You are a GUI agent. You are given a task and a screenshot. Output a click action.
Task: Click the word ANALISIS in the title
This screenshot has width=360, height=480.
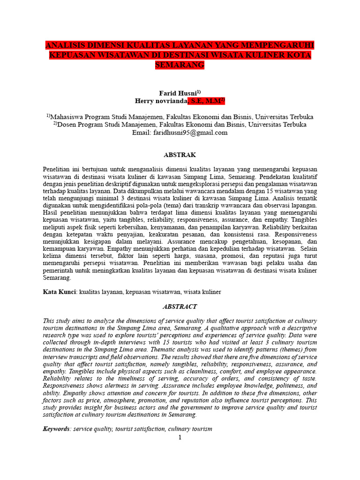pyautogui.click(x=65, y=45)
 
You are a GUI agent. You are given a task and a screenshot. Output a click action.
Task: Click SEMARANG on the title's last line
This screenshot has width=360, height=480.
pyautogui.click(x=180, y=65)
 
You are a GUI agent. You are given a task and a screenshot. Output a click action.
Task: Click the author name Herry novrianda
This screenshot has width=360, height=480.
pyautogui.click(x=161, y=101)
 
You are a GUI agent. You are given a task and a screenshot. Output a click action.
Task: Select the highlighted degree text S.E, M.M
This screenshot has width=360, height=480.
pyautogui.click(x=206, y=101)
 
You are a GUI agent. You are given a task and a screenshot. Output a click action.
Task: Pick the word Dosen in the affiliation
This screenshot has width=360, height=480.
pyautogui.click(x=67, y=125)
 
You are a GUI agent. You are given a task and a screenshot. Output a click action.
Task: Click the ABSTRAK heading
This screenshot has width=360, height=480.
pyautogui.click(x=180, y=155)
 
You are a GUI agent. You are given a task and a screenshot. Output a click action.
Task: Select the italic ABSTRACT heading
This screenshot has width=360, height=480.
pyautogui.click(x=180, y=307)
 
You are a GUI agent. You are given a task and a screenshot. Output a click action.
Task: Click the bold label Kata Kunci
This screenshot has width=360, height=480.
pyautogui.click(x=59, y=292)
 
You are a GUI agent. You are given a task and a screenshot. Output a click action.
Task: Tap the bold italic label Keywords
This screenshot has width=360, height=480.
pyautogui.click(x=56, y=429)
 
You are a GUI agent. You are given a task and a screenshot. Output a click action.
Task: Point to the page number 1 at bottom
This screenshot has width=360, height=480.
pyautogui.click(x=180, y=438)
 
